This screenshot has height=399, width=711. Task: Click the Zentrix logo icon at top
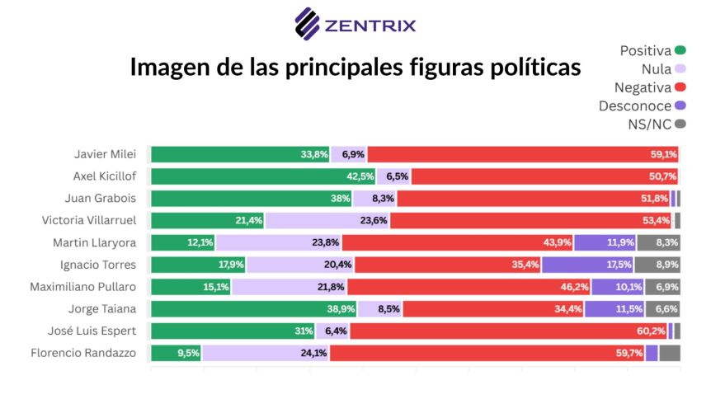(x=308, y=24)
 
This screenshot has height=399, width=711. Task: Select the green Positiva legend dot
(x=680, y=50)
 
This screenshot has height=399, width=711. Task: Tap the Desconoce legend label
(x=635, y=106)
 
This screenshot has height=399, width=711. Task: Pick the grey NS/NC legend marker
(x=680, y=124)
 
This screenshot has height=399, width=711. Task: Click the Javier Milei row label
(x=105, y=154)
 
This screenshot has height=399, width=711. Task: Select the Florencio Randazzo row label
(x=89, y=354)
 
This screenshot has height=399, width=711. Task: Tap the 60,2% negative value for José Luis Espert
(x=648, y=331)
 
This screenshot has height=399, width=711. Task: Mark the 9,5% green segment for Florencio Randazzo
(x=176, y=354)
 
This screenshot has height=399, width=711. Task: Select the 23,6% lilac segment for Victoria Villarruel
(x=327, y=220)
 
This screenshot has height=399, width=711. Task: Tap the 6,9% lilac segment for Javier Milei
(x=349, y=154)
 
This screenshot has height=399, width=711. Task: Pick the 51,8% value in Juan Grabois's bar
(x=533, y=198)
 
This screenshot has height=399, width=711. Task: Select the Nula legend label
(x=657, y=69)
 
